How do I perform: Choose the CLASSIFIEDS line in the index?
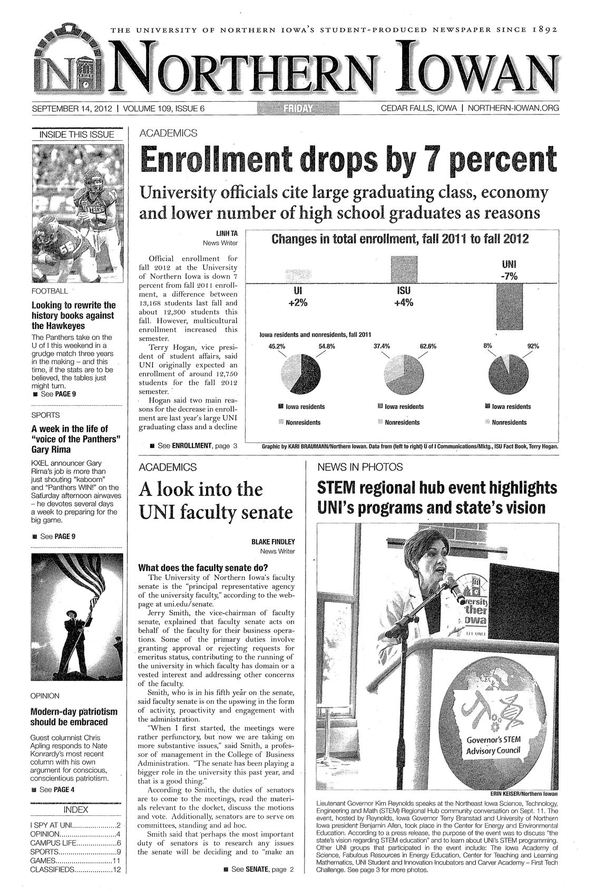coord(77,870)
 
